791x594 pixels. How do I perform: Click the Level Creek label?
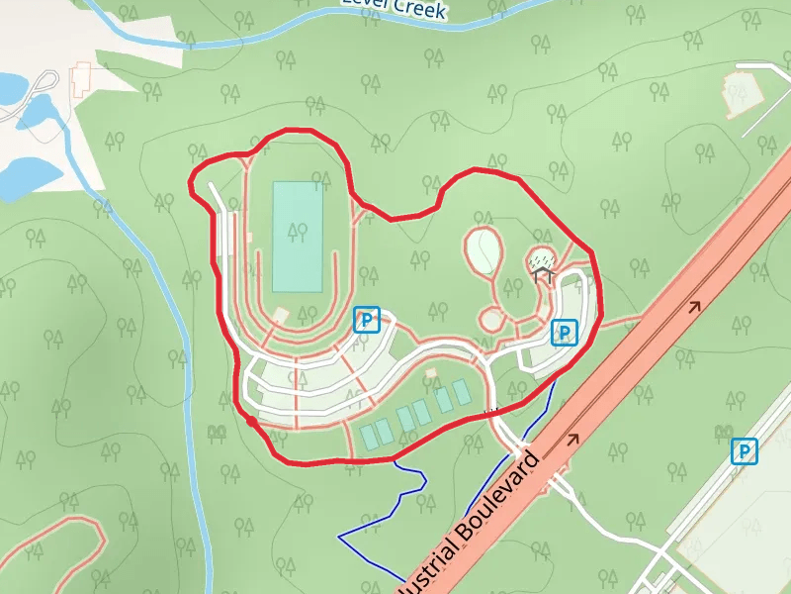click(395, 7)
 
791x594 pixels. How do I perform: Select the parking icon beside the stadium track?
click(367, 320)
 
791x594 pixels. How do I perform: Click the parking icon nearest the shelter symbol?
click(564, 333)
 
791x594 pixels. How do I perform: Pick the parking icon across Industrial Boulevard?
click(745, 451)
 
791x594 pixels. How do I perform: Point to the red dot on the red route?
click(252, 422)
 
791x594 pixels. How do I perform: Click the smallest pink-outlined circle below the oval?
click(491, 319)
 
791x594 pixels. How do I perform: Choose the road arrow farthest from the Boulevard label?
click(695, 306)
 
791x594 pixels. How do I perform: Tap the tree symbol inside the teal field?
click(296, 232)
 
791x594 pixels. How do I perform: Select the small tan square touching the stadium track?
click(281, 315)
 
